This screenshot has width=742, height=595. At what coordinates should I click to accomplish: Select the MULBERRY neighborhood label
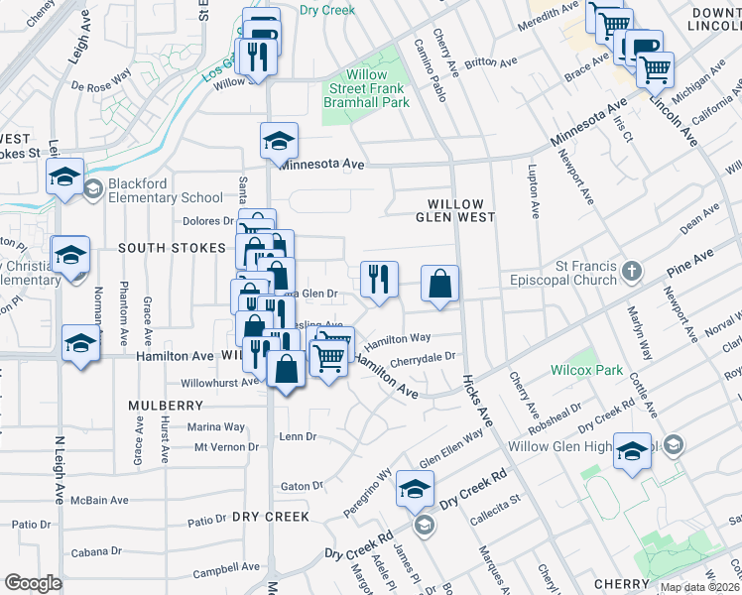point(166,406)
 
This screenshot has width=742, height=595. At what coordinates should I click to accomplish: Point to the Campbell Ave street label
point(225,570)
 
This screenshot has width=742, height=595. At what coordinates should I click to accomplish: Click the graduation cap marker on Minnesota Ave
point(280,141)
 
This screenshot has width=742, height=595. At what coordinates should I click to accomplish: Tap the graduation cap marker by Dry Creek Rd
point(415,489)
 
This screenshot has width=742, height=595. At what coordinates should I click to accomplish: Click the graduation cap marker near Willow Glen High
point(632,452)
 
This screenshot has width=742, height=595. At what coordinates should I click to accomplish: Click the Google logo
point(33,583)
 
